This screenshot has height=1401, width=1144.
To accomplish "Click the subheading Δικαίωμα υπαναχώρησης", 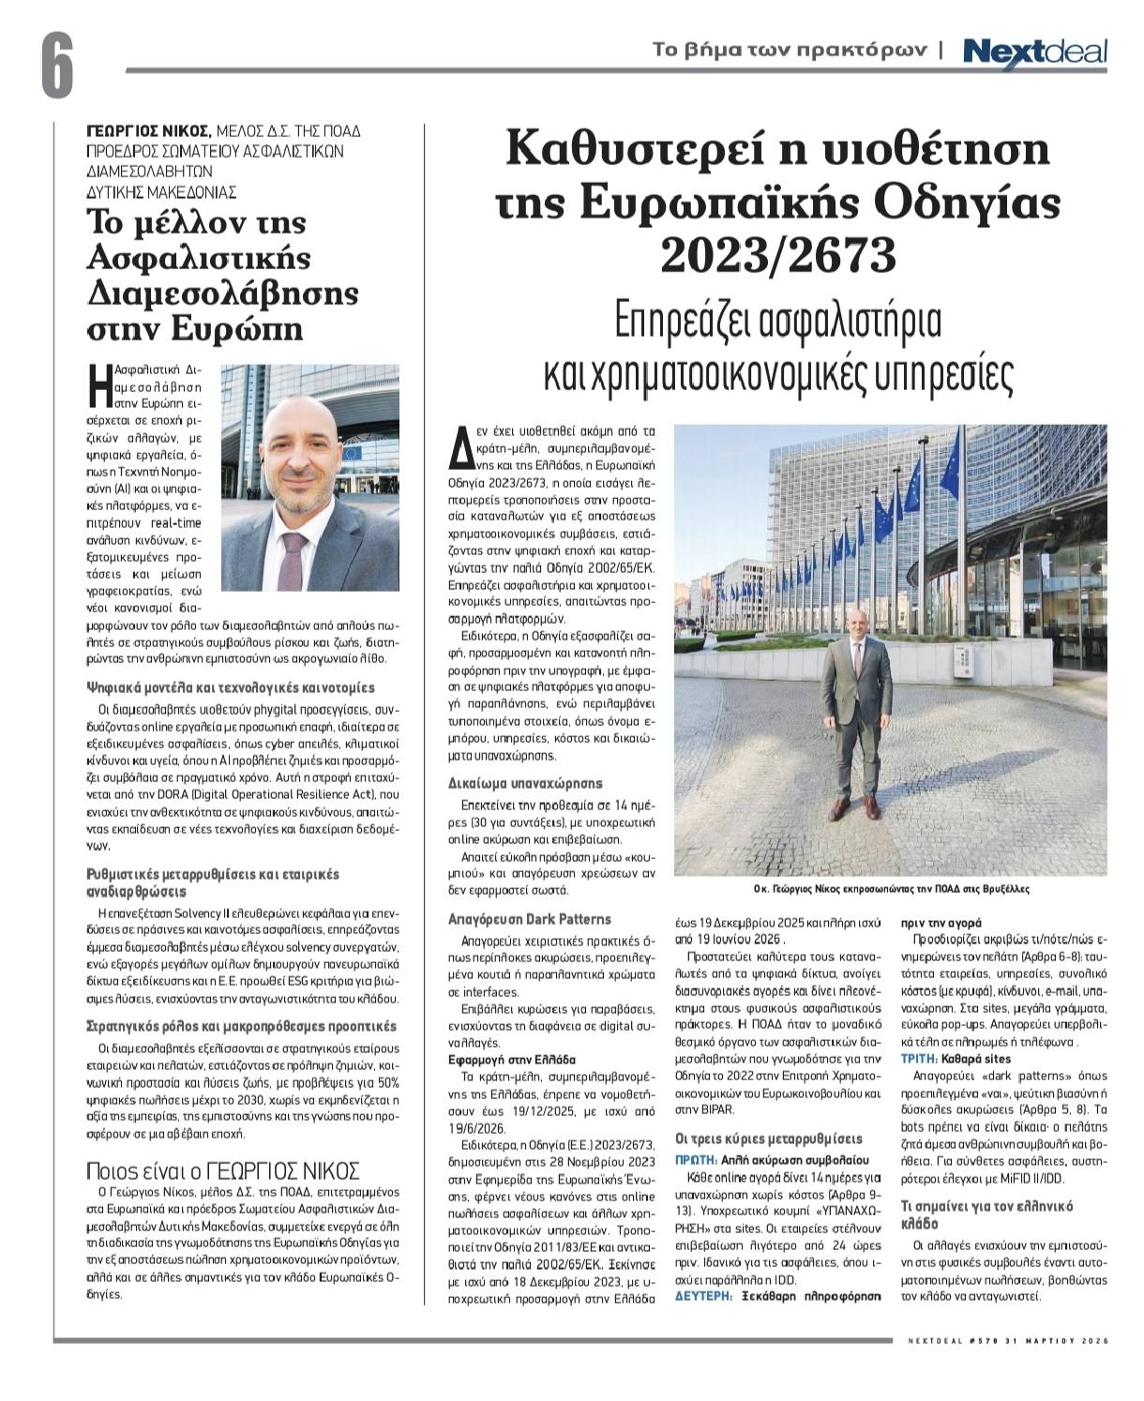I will click(525, 783).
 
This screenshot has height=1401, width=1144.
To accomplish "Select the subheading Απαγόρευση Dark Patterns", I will click(530, 919).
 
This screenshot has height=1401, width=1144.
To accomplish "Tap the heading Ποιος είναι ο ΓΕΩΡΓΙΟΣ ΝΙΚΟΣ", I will click(222, 1170).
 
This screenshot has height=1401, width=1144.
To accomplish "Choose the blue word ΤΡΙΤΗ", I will click(921, 1057).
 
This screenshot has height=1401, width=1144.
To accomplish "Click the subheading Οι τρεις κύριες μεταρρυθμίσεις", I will click(769, 1139).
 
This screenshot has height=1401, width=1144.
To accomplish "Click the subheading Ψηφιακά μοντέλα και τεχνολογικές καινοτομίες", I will click(230, 687).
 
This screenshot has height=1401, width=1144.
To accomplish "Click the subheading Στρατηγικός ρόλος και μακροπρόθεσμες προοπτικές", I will click(240, 1026).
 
